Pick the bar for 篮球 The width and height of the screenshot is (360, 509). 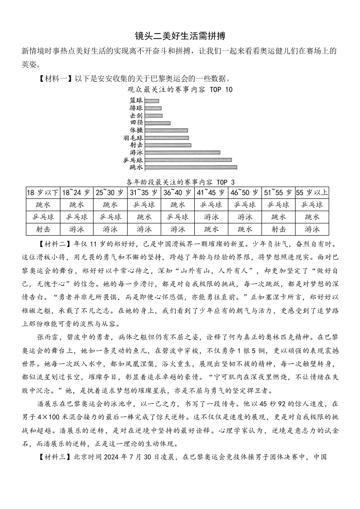click(152, 101)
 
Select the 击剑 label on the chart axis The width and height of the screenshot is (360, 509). click(136, 116)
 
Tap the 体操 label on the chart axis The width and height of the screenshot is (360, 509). click(136, 130)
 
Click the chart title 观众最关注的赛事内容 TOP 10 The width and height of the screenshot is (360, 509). click(180, 89)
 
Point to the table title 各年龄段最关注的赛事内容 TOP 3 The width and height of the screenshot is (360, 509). click(181, 182)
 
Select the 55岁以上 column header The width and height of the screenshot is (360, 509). click(312, 193)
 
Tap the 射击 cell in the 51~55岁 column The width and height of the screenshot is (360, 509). click(278, 229)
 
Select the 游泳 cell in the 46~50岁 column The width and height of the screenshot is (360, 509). click(245, 217)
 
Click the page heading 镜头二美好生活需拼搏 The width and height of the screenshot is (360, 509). click(180, 36)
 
